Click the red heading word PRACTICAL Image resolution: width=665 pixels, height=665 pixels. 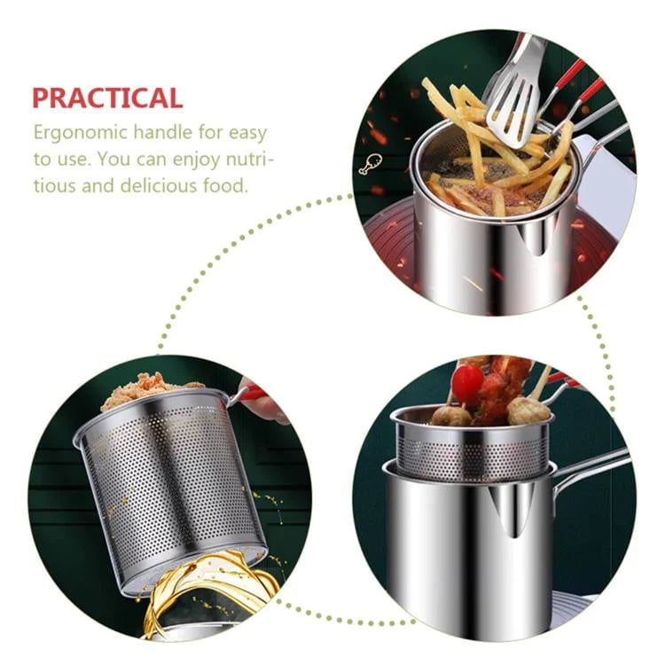click(x=107, y=98)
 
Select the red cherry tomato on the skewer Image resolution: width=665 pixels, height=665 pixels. click(x=467, y=382)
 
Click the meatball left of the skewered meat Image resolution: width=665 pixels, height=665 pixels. click(x=450, y=414)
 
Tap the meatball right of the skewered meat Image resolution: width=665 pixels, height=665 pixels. click(x=528, y=410)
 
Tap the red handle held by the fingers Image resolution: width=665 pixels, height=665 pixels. click(x=252, y=393)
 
